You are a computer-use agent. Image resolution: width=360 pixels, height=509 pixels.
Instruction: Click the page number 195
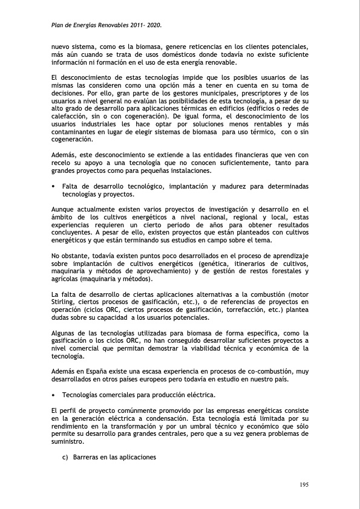[x=304, y=484]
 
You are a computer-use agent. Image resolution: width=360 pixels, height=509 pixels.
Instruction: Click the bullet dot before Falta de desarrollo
[x=54, y=186]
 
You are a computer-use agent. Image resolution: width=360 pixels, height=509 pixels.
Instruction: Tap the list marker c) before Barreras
[x=65, y=457]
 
